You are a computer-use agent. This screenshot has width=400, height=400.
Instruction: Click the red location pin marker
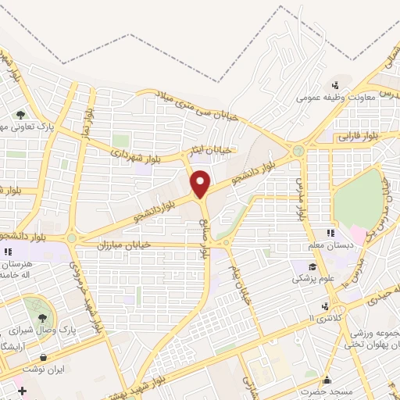pos(202,184)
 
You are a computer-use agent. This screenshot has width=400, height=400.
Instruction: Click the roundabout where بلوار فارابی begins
pos(298,150)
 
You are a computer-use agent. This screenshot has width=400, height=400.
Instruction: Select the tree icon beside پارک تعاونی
pos(30,116)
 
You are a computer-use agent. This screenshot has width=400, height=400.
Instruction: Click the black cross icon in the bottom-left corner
pos(22,390)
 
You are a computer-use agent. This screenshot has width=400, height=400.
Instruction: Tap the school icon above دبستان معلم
pos(328,233)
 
